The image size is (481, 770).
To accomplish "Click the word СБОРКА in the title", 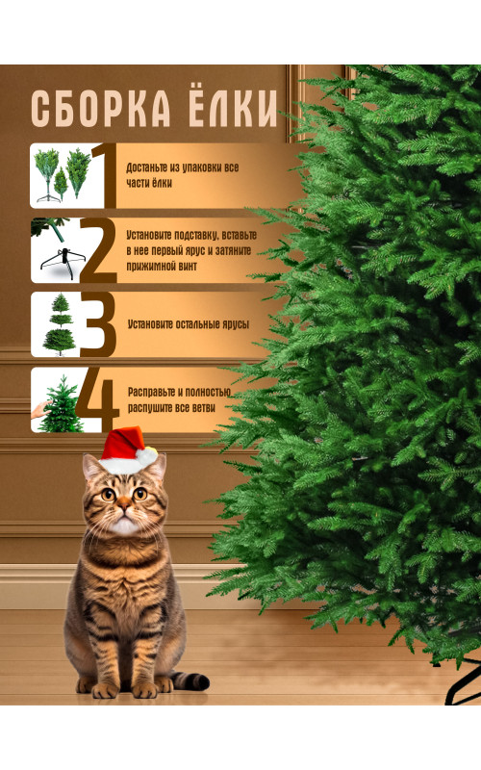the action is click(x=101, y=109).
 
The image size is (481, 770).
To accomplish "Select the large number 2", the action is click(x=98, y=250).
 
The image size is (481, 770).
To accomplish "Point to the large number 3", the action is click(x=98, y=324).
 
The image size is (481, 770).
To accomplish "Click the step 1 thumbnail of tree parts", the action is click(x=62, y=176).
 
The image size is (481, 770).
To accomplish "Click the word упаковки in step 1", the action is click(x=202, y=167).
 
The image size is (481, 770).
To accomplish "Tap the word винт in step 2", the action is click(x=188, y=267).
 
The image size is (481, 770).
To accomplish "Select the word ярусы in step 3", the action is click(x=235, y=324).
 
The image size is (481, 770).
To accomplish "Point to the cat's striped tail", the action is click(x=189, y=680).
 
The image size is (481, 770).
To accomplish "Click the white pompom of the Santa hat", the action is click(x=146, y=456).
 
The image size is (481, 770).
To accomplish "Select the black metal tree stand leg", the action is click(x=463, y=683).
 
